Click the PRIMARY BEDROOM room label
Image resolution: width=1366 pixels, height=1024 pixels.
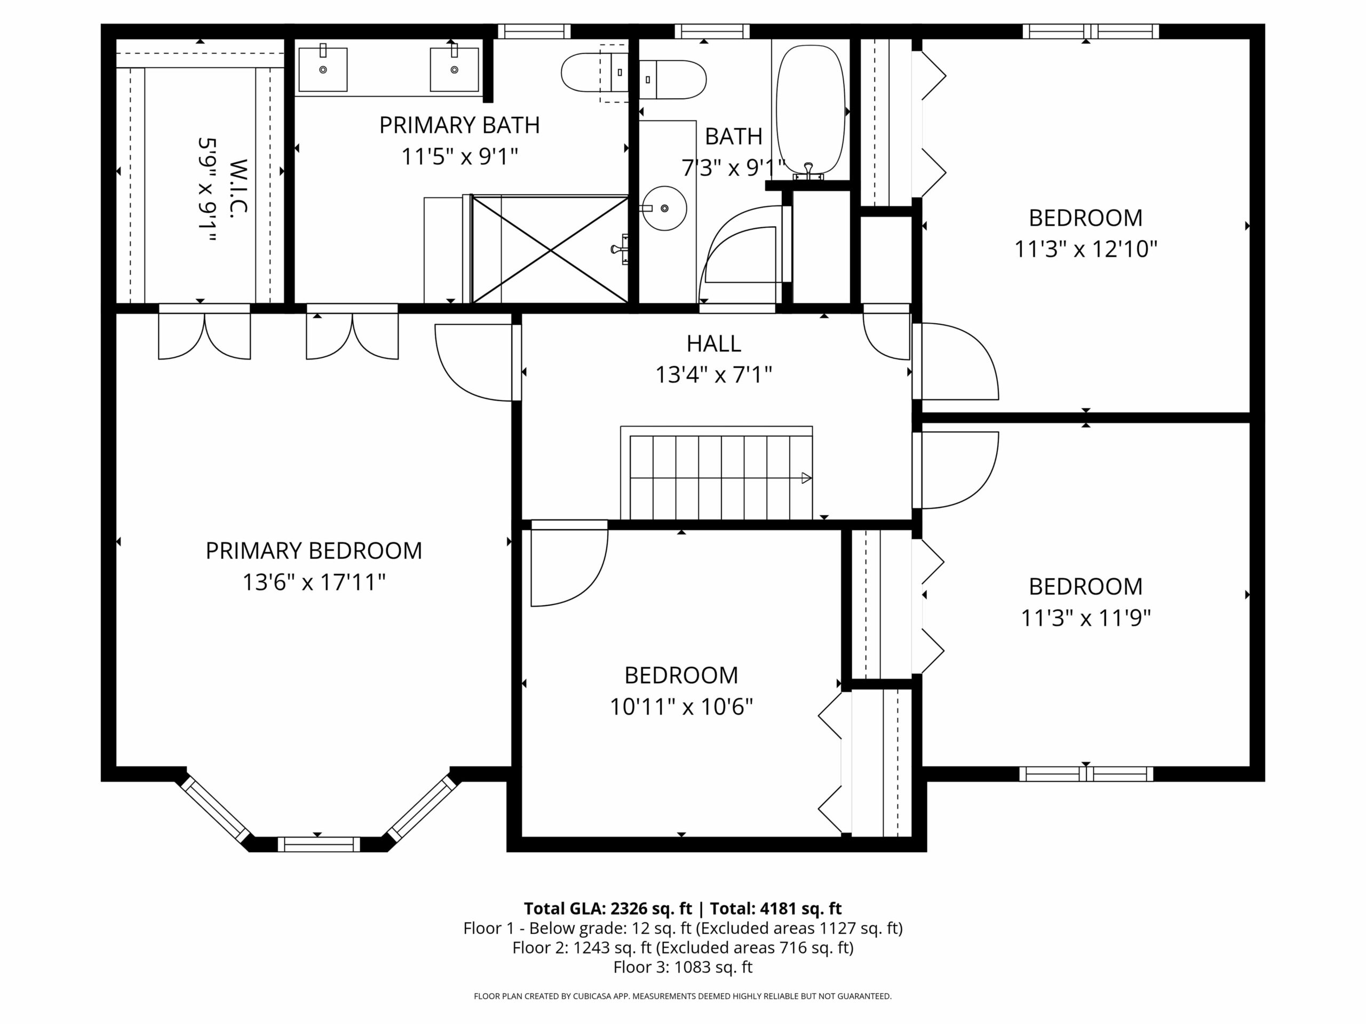314,550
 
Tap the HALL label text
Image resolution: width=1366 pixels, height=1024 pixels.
714,343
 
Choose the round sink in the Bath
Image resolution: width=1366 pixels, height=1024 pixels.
664,209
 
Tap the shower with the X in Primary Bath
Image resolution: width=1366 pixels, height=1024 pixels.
550,250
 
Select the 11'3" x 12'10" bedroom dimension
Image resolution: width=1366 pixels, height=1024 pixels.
1086,250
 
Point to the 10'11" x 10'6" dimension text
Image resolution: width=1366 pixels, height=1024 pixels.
681,707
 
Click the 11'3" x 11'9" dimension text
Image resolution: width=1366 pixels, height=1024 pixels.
1086,618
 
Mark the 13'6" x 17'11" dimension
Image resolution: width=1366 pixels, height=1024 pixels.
314,582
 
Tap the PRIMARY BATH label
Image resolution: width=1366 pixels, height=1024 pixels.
459,125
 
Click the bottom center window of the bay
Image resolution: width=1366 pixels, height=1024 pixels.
319,844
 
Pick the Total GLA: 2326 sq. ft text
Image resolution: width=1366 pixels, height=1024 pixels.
608,909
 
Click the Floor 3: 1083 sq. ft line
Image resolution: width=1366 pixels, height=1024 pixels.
683,967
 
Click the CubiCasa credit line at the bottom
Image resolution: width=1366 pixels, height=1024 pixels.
683,996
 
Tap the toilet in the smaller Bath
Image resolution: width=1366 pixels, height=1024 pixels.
672,79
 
